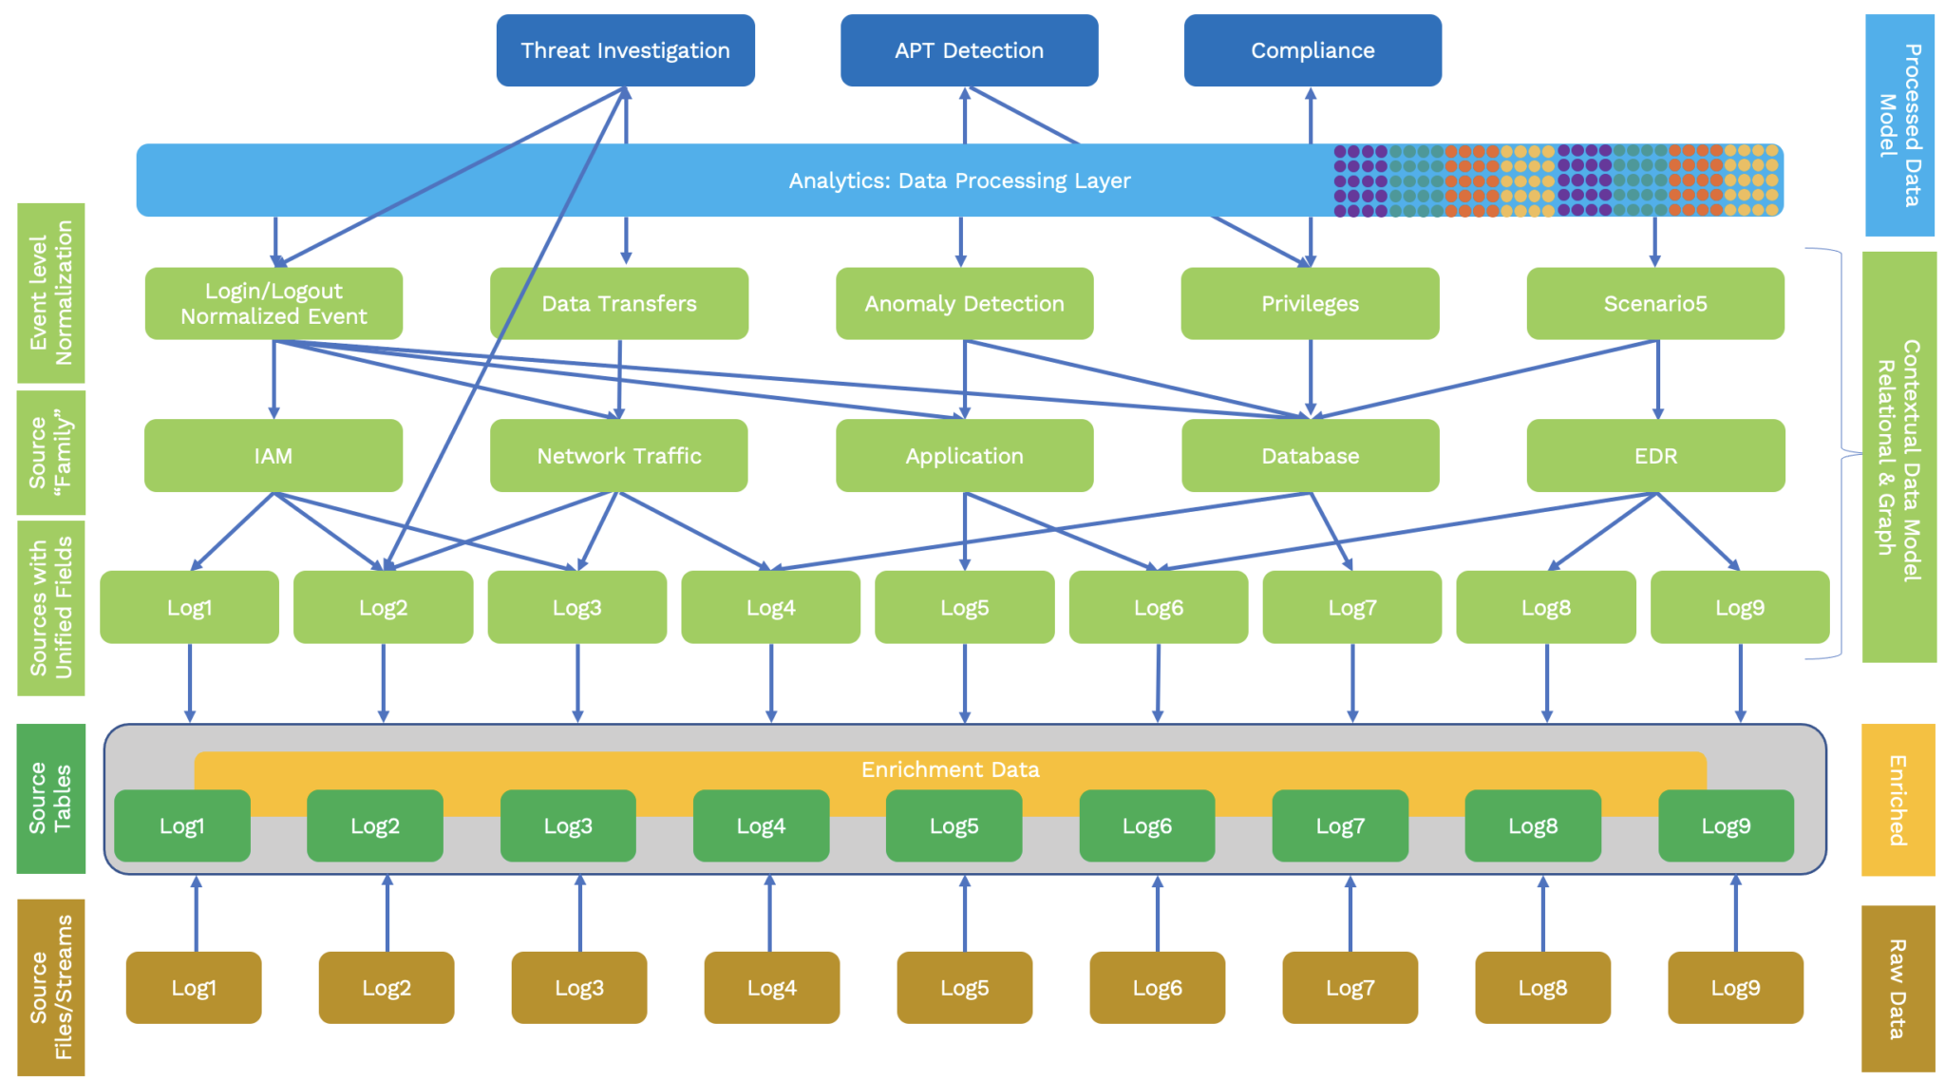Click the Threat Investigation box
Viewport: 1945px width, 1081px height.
click(625, 50)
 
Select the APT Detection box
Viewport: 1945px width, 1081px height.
click(969, 50)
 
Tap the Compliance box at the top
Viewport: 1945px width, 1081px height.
click(1312, 50)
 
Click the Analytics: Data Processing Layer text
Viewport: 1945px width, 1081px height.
click(959, 180)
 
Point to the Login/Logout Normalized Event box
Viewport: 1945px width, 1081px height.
click(274, 303)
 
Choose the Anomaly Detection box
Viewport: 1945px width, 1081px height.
click(964, 303)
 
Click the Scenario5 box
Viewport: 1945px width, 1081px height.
click(1654, 303)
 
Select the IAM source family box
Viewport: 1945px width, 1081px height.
click(274, 455)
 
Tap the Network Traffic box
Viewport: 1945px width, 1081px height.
click(618, 455)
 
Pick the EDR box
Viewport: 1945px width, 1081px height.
click(1654, 455)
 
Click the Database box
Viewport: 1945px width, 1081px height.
click(1310, 455)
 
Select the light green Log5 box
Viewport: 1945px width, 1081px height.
click(964, 607)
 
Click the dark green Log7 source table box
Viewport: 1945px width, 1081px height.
click(1339, 825)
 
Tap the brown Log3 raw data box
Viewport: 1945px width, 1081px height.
click(578, 988)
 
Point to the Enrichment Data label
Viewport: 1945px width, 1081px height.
click(950, 769)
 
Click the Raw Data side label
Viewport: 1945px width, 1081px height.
click(1898, 988)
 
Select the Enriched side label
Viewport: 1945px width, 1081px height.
click(1898, 800)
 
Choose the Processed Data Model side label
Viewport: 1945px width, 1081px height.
click(1899, 124)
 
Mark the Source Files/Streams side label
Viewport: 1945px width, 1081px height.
click(51, 988)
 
